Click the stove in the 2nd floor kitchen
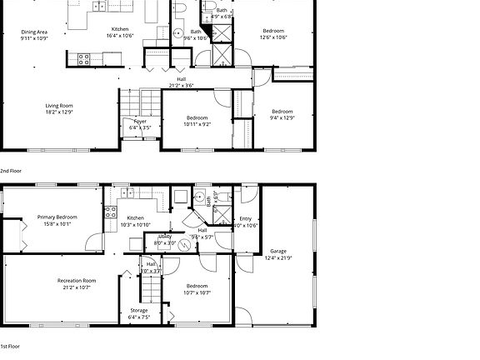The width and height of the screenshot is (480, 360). (x=84, y=59)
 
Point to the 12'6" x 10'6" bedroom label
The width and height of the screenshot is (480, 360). (x=273, y=32)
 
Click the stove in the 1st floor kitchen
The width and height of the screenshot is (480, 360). (x=110, y=212)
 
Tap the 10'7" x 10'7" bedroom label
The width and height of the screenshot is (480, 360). (x=197, y=289)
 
